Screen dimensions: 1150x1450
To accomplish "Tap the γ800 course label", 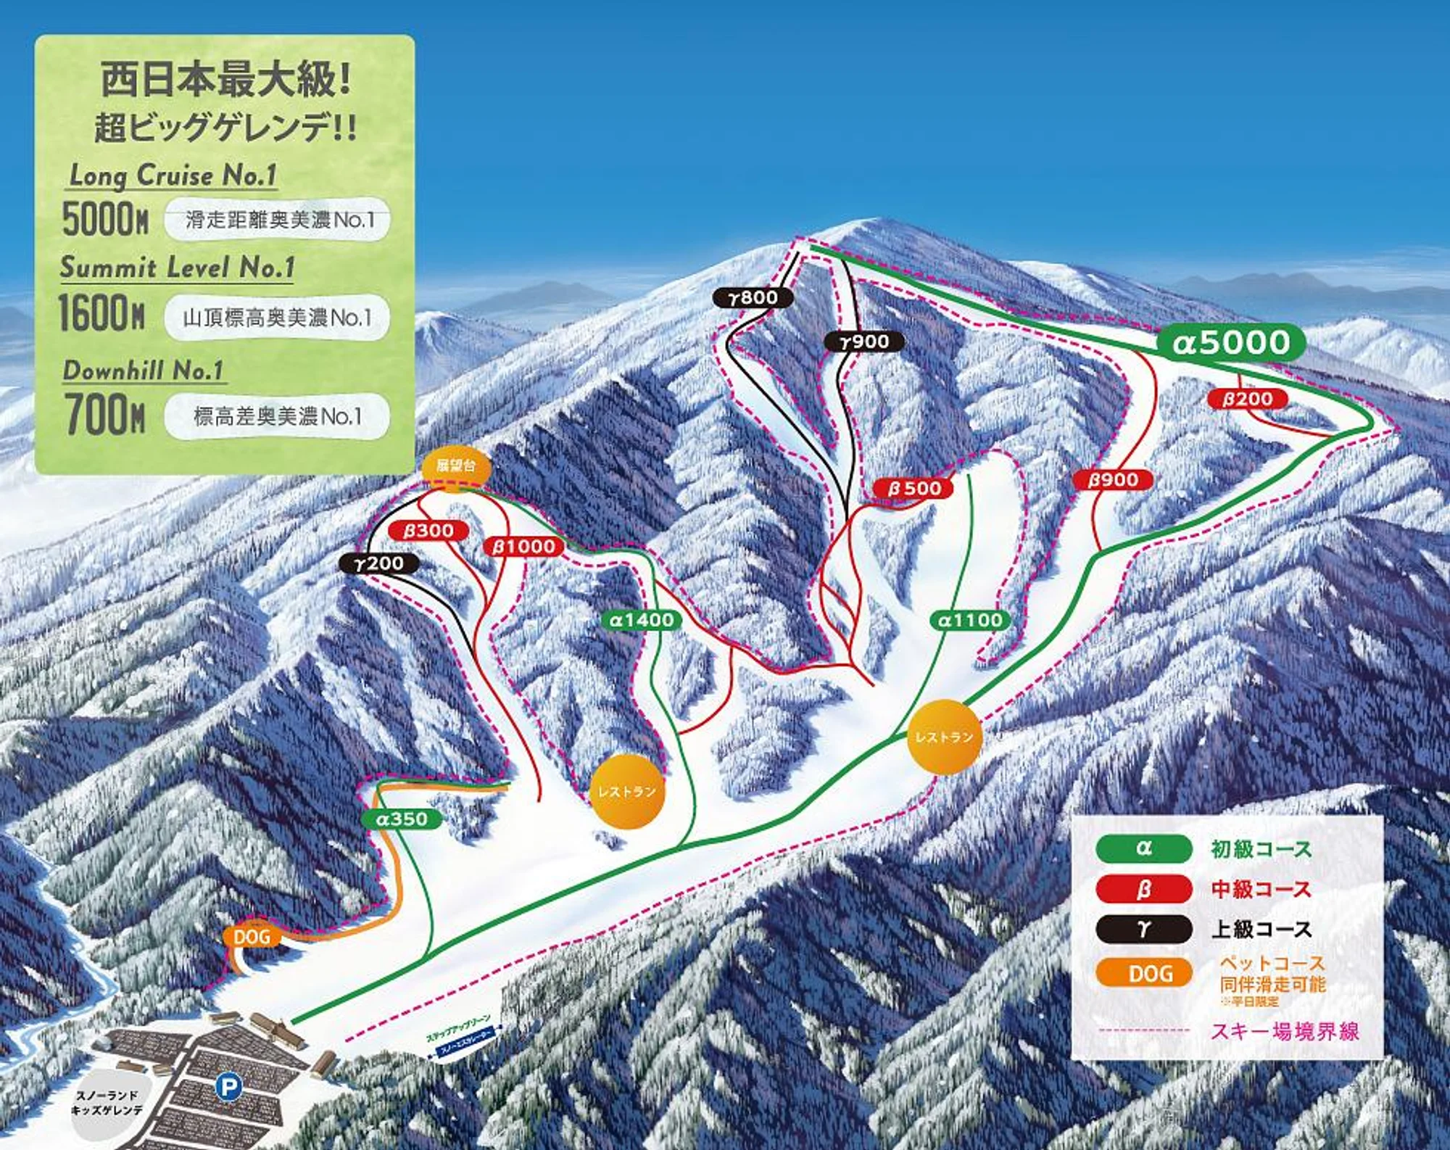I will tap(753, 297).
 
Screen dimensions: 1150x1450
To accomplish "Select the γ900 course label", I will tap(864, 342).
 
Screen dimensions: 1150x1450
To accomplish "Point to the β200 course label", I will tap(1247, 399).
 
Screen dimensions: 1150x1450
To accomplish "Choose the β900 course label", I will tap(1113, 479).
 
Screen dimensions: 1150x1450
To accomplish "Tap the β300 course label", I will tap(428, 531).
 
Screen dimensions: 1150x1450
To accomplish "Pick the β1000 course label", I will tap(523, 547).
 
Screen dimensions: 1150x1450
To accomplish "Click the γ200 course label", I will tap(378, 563).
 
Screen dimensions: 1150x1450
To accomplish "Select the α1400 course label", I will tap(642, 620).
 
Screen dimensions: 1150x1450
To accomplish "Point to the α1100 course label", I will tap(970, 620).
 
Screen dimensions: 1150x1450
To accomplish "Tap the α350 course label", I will tap(402, 819).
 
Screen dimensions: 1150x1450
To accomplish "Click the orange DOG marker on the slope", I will tap(252, 937).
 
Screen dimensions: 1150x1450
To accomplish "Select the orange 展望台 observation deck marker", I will tap(456, 466).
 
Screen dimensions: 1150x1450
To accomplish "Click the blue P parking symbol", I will tap(228, 1086).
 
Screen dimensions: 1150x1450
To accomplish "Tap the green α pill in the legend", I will tap(1143, 848).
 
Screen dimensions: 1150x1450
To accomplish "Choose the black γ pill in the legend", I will tap(1143, 929).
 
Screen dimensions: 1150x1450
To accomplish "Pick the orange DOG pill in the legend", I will tap(1143, 973).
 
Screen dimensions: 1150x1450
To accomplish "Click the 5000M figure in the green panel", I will tap(105, 219).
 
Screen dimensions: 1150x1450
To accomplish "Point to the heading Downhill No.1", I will tap(143, 371).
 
